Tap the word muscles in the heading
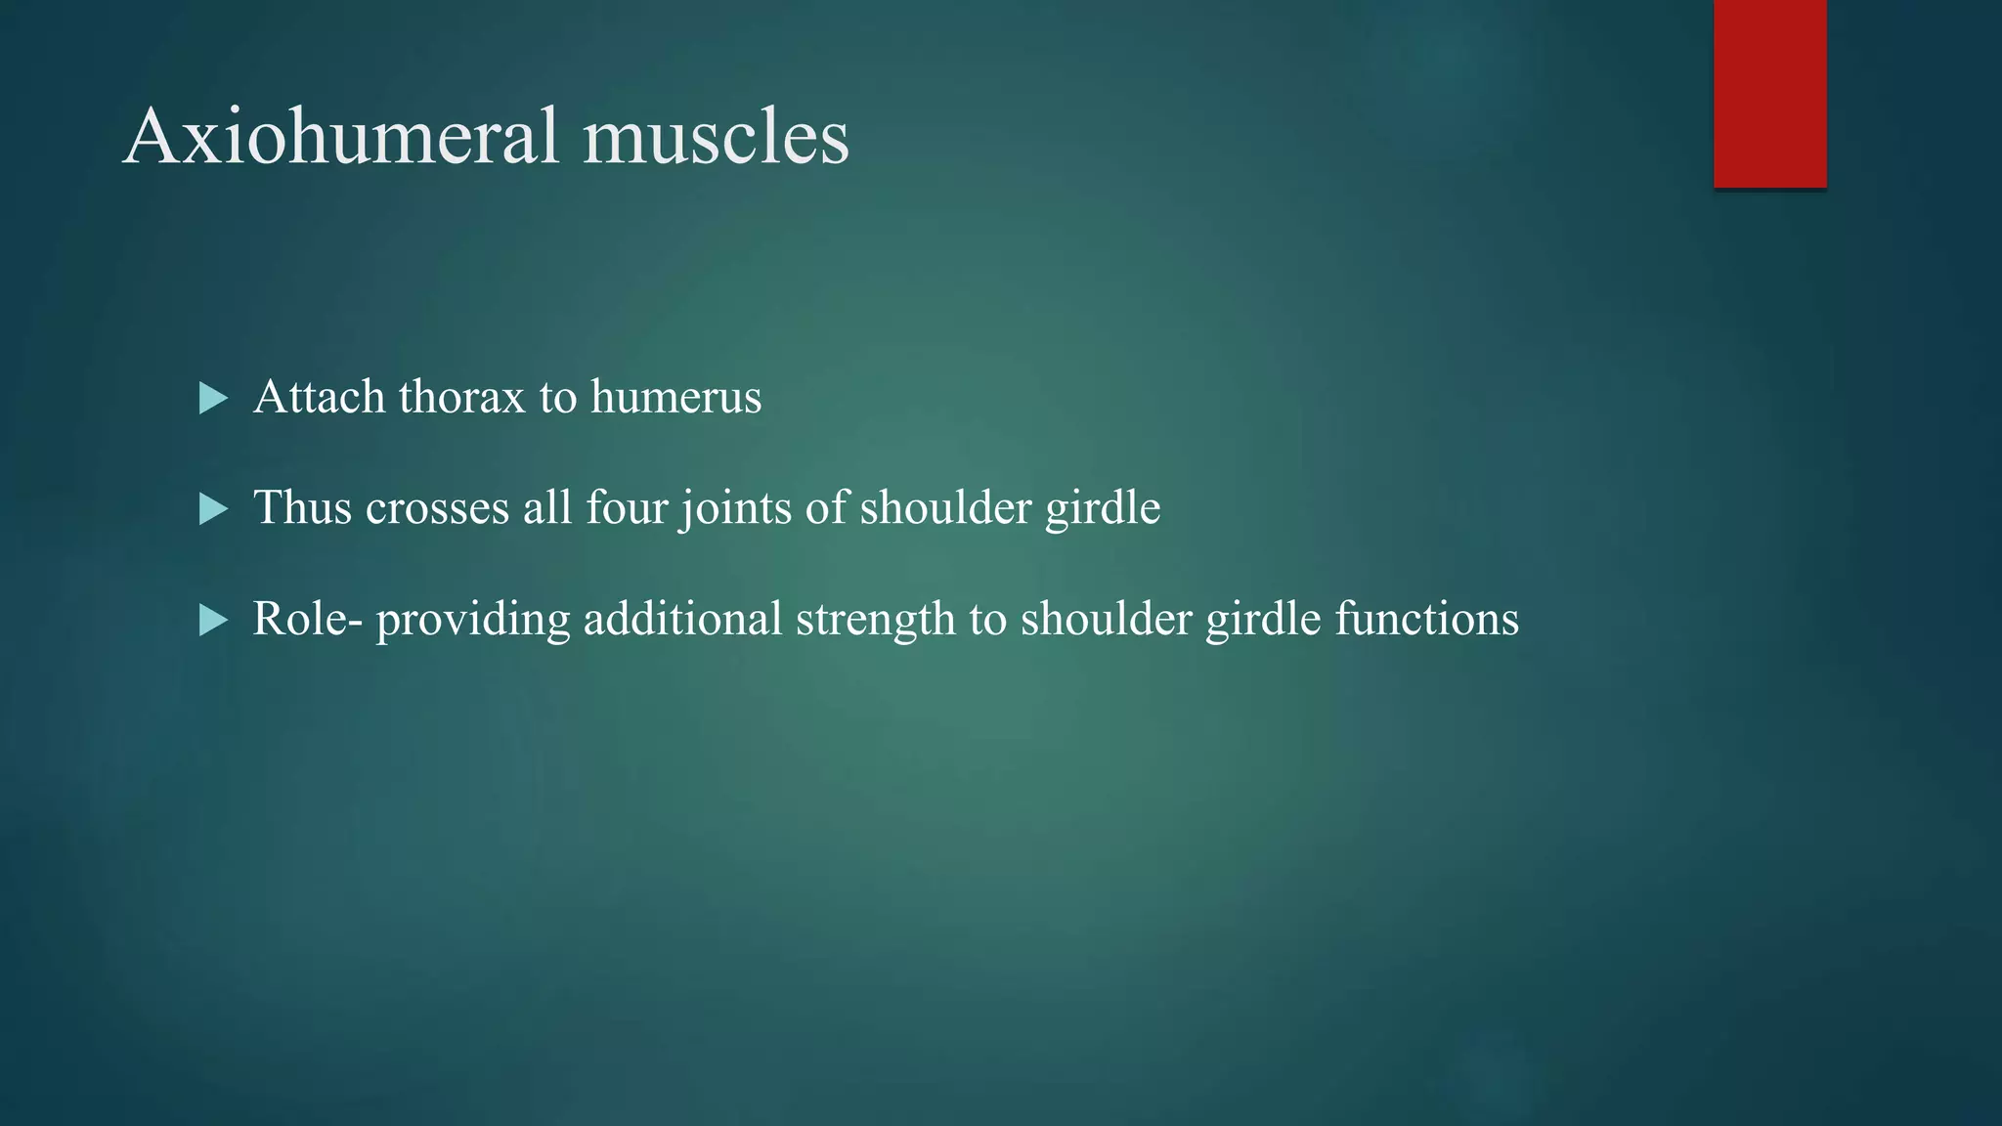tap(716, 136)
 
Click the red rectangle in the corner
tap(1769, 93)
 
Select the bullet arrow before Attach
tap(212, 398)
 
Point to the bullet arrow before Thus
tap(212, 508)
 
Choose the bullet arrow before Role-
tap(212, 620)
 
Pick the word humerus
tap(675, 398)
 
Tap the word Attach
tap(319, 398)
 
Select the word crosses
tap(437, 508)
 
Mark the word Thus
tap(302, 508)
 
